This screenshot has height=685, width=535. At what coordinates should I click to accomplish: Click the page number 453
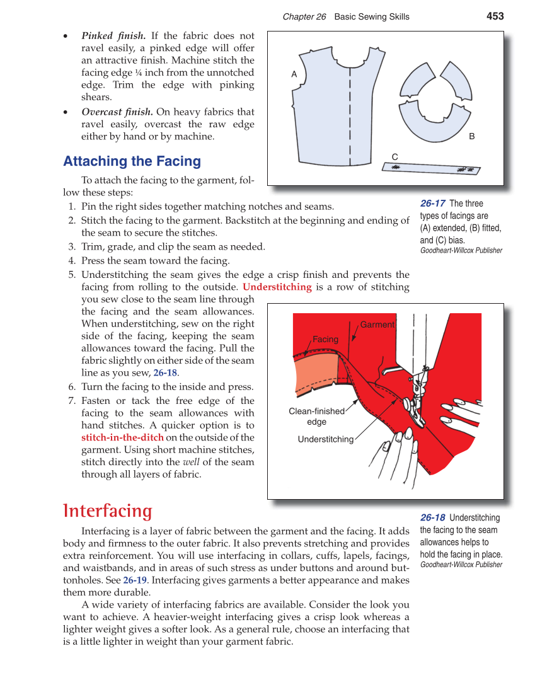point(495,16)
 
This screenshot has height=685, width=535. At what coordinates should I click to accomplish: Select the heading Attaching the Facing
point(132,161)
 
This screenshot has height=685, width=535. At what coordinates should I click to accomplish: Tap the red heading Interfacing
point(108,510)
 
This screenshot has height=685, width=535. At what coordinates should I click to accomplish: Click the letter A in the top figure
point(294,74)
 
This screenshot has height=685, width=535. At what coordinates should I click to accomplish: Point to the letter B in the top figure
point(471,136)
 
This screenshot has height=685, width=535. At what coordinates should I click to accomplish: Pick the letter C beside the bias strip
point(394,156)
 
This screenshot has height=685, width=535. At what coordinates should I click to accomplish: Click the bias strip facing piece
point(431,168)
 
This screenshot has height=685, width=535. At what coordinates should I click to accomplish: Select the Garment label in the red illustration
point(377,325)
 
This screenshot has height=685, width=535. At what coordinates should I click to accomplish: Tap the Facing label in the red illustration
point(325,339)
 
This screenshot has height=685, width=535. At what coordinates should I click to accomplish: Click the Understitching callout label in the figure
point(325,439)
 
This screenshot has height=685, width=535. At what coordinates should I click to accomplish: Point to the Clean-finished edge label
point(316,417)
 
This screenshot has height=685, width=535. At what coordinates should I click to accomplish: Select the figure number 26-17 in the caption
point(433,204)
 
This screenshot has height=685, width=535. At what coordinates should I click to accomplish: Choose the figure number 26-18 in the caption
point(433,518)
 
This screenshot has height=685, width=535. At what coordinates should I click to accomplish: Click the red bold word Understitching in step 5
point(277,287)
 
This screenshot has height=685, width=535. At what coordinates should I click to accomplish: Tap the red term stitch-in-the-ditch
point(122,437)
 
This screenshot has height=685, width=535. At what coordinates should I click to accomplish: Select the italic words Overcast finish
point(117,112)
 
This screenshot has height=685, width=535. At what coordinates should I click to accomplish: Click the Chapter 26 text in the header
point(304,17)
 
